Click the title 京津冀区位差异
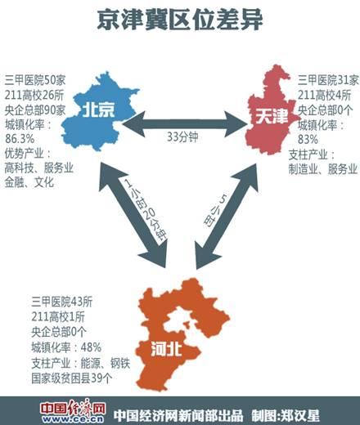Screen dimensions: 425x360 click(x=181, y=20)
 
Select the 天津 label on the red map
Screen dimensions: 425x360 click(x=272, y=119)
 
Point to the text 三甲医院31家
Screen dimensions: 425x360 click(x=326, y=79)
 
